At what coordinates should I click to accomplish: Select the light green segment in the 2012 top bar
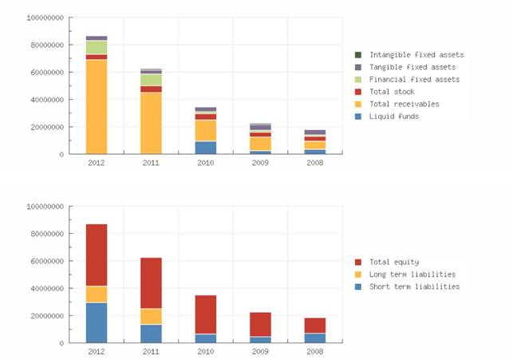(97, 47)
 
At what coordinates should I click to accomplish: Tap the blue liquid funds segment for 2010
(206, 147)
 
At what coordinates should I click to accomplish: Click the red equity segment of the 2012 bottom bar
(97, 255)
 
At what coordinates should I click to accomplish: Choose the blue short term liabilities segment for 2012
(97, 322)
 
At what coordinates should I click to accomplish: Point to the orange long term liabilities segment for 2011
(151, 316)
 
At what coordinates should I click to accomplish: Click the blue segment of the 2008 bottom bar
(314, 338)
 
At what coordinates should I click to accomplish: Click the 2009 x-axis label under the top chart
(260, 162)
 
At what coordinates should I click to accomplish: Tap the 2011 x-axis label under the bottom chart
(151, 350)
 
